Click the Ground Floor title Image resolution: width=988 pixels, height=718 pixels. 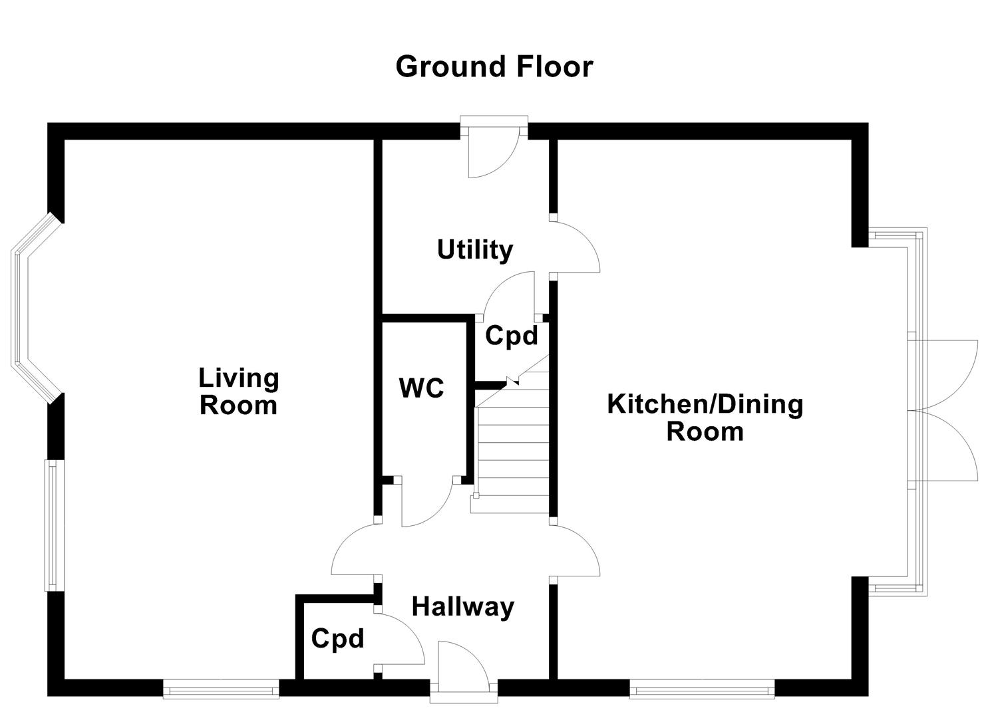tap(494, 67)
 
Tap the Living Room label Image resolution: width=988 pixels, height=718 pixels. tap(239, 392)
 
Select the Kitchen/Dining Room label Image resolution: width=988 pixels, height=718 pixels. tap(705, 418)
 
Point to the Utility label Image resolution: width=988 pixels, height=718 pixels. tap(475, 250)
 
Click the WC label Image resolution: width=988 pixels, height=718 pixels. tap(421, 388)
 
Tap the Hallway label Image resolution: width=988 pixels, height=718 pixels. tap(463, 607)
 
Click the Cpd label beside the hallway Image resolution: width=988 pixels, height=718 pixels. tap(338, 639)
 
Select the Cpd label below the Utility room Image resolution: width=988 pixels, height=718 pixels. tap(511, 336)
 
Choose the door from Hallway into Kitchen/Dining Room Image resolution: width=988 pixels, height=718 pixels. tap(576, 549)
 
